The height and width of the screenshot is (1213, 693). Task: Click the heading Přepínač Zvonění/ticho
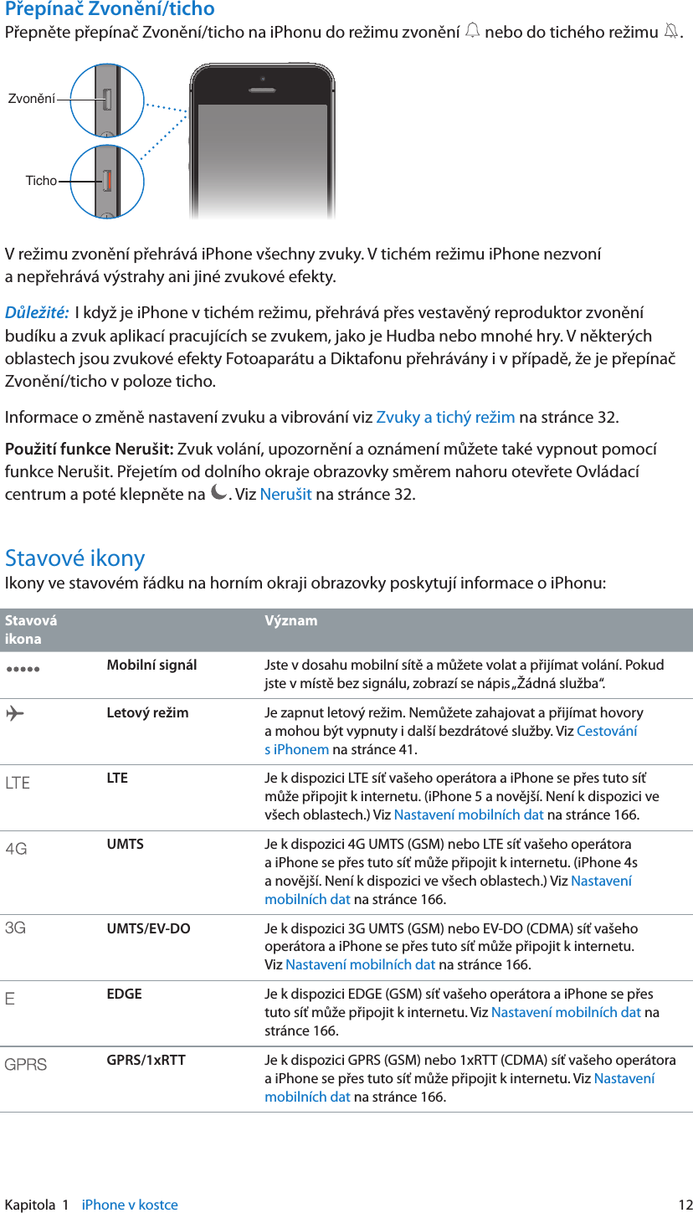[x=110, y=9]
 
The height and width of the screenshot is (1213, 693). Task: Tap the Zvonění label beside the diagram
[x=31, y=99]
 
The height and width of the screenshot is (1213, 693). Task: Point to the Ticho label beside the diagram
[x=41, y=180]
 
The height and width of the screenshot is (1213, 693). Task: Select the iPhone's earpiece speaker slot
[x=263, y=90]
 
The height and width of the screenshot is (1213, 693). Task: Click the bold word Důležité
[x=37, y=314]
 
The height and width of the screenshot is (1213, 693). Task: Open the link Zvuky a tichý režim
[x=445, y=418]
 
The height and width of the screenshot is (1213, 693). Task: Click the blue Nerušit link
[x=285, y=493]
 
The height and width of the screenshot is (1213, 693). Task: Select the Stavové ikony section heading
[x=74, y=558]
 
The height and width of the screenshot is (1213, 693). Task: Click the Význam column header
[x=290, y=621]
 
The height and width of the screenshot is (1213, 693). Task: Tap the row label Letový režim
[x=147, y=713]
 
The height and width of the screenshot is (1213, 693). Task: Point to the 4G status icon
[x=16, y=850]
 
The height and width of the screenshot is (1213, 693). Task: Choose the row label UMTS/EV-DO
[x=148, y=928]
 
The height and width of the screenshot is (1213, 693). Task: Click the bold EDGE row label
[x=124, y=995]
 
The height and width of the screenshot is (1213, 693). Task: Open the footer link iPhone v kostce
[x=130, y=1205]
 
